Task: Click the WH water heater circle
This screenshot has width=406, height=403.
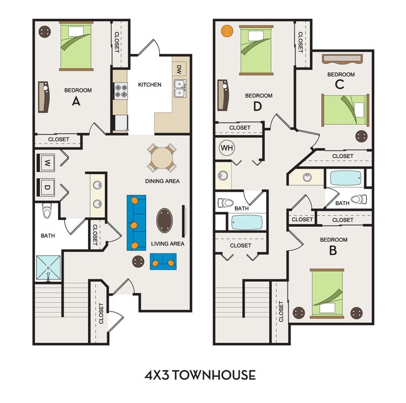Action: tap(227, 148)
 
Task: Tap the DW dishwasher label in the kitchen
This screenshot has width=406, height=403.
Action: tap(179, 69)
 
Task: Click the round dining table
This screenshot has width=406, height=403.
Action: tap(162, 158)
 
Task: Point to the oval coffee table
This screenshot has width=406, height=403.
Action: tap(164, 221)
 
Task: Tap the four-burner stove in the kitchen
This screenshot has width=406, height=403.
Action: tap(121, 91)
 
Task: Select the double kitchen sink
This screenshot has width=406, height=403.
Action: tap(180, 88)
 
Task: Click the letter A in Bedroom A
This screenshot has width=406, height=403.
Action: tap(76, 101)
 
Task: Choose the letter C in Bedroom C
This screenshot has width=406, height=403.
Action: tap(339, 84)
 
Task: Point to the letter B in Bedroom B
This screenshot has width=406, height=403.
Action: tap(333, 250)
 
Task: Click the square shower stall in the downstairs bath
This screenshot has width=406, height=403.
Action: tap(48, 268)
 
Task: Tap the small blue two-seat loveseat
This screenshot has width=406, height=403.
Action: tap(163, 261)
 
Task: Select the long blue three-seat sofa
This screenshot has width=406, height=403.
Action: tap(136, 222)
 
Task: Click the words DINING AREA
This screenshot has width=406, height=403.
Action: tap(162, 181)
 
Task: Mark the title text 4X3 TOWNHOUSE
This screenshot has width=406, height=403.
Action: tap(200, 375)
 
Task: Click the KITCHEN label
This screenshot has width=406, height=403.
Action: tap(150, 85)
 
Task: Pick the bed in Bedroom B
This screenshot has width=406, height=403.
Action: tap(327, 294)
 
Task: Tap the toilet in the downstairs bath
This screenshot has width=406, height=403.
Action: tap(47, 211)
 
